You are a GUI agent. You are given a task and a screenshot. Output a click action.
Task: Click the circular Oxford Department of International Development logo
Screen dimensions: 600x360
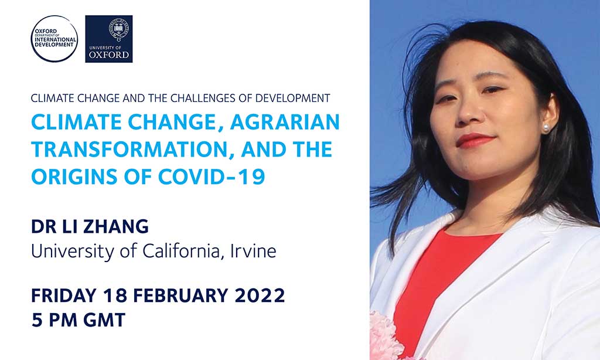tap(54, 39)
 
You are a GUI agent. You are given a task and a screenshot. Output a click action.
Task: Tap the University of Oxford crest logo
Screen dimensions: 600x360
tap(108, 39)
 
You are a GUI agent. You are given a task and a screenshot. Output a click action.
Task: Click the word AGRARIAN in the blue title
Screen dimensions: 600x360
tap(285, 122)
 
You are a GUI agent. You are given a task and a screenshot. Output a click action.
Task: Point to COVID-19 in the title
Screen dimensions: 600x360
tap(212, 177)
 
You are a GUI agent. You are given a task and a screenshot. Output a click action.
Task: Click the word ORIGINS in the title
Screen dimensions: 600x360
tap(74, 177)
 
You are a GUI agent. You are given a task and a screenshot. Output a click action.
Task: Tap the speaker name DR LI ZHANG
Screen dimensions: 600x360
tap(90, 226)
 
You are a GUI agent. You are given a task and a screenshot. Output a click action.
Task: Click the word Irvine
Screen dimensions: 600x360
tap(253, 251)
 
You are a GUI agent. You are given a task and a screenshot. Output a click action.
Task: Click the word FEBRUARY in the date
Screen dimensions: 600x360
tap(180, 296)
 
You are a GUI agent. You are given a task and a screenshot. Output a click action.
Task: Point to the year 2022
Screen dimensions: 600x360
tap(260, 296)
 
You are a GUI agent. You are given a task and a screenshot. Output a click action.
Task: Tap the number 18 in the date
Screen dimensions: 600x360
tap(115, 296)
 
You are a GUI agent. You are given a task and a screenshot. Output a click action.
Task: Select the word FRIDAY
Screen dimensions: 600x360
tap(63, 296)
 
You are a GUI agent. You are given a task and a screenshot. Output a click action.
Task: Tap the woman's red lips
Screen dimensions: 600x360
tap(476, 140)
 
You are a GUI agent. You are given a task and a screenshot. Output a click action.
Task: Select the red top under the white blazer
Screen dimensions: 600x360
tap(436, 280)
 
